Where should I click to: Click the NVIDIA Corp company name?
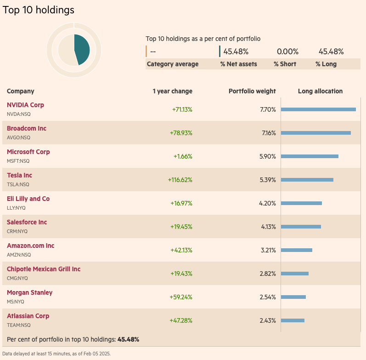coord(25,105)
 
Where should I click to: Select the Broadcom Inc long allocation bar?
coord(315,133)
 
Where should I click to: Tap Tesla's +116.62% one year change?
coord(180,180)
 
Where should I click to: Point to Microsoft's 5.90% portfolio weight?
coord(267,156)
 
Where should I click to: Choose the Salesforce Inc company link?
coord(27,222)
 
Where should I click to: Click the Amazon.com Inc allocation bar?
coord(296,250)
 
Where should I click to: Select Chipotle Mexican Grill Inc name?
coord(44,269)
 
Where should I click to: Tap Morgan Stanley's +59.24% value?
coord(181,297)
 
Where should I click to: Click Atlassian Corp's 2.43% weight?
coord(267,320)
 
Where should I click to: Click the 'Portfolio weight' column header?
coord(252,91)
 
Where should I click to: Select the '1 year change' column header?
coord(172,91)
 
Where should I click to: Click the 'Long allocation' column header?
coord(320,91)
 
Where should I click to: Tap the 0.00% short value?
coord(287,51)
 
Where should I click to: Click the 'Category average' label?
coord(173,64)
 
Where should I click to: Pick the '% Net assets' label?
coord(238,64)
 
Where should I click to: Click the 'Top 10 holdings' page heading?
coord(39,10)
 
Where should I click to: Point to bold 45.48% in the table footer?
coord(128,339)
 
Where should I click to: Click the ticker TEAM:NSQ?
coord(18,325)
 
